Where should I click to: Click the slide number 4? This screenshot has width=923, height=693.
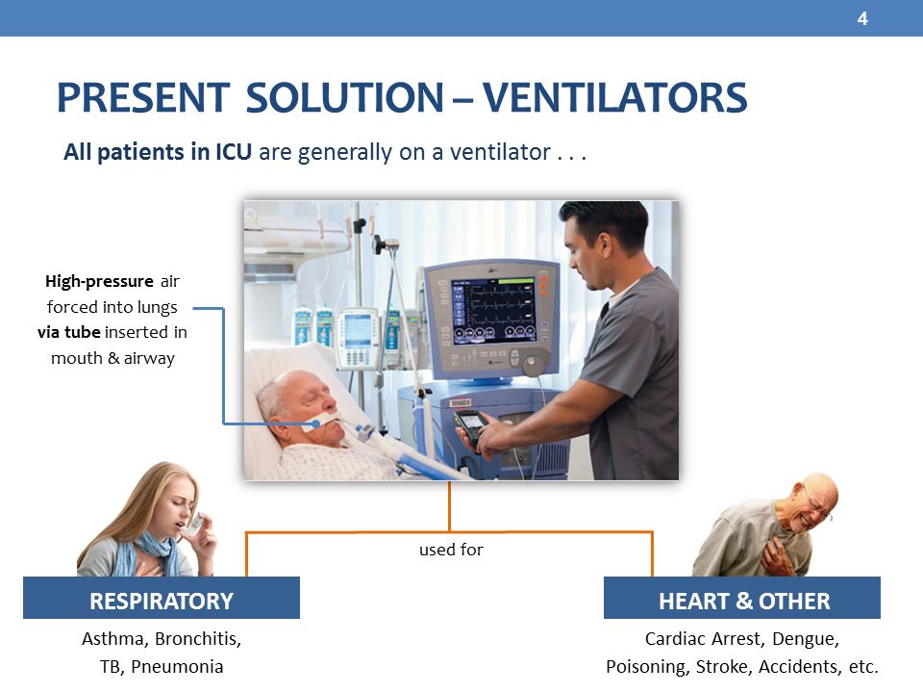(862, 19)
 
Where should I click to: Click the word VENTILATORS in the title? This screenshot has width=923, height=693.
(615, 97)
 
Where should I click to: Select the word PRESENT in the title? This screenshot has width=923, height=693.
(142, 97)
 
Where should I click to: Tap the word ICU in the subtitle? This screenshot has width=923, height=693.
(233, 152)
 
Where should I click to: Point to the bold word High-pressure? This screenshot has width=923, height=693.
(99, 282)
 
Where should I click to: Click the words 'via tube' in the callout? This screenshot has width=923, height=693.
(69, 332)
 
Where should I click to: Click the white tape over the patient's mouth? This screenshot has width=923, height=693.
(320, 422)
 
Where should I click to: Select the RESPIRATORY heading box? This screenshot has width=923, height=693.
(162, 598)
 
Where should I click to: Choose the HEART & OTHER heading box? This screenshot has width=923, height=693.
(742, 598)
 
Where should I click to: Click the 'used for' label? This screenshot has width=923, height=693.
(451, 550)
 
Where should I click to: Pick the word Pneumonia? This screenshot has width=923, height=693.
(177, 666)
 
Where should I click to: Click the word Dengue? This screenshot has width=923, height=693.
(806, 639)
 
